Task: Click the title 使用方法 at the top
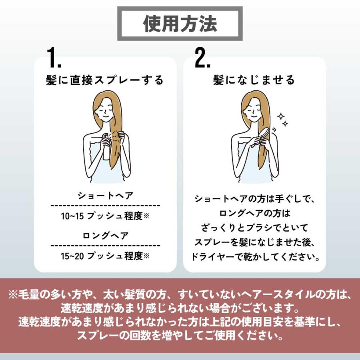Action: point(180,24)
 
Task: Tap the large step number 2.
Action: point(202,58)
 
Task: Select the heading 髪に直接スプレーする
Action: point(105,80)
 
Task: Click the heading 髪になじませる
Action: point(254,80)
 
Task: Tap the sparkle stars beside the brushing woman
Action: point(283,120)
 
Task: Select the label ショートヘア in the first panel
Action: point(105,196)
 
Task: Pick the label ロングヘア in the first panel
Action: point(105,236)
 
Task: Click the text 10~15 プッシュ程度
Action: point(105,216)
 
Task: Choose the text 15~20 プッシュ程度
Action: point(105,256)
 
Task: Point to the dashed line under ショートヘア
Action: point(105,206)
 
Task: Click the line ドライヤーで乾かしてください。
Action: point(254,256)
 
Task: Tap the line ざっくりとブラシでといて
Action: point(254,228)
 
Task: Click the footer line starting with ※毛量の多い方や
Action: point(180,295)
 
